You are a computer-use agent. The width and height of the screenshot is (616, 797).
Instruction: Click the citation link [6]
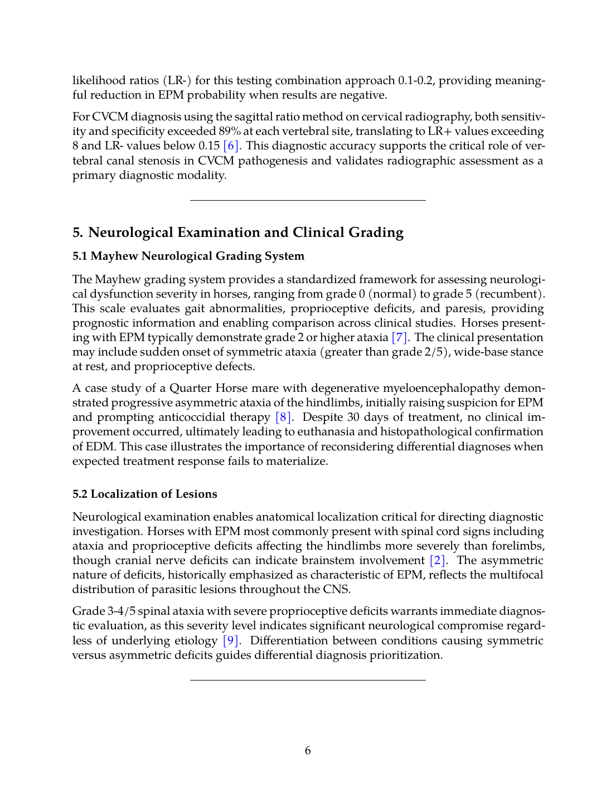(231, 146)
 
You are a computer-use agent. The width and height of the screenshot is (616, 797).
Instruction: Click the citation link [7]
(400, 338)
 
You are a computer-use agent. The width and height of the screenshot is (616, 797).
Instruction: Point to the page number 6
(308, 751)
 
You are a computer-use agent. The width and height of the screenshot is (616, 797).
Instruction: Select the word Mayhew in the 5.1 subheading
(115, 256)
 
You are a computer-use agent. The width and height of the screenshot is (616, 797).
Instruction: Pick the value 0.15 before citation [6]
(209, 146)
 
